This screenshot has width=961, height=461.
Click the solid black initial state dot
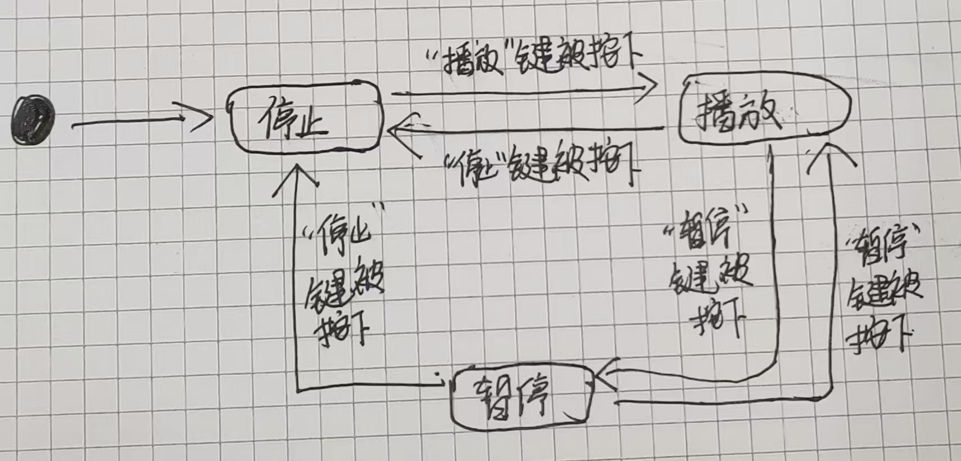tap(34, 120)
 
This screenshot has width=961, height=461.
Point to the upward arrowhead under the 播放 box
tap(830, 154)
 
